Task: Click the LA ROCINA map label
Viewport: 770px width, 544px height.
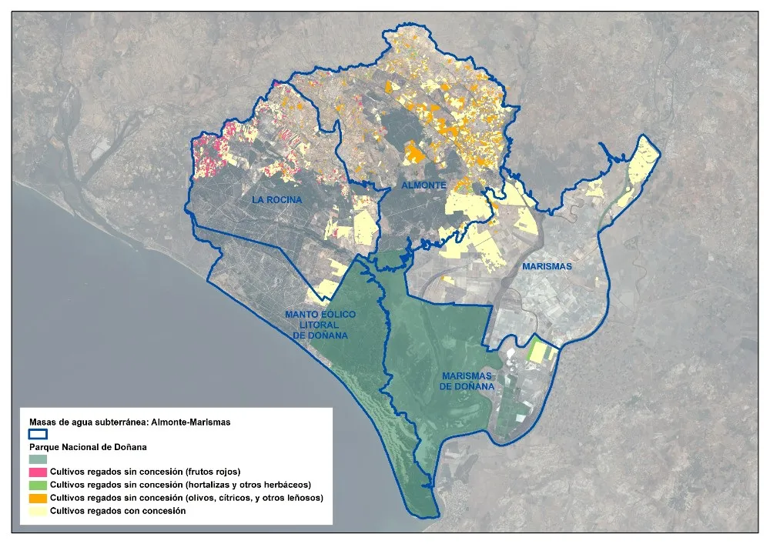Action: tap(276, 200)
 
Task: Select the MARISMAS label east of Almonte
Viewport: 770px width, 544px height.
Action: tap(547, 266)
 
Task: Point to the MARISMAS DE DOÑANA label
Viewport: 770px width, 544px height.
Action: tap(467, 382)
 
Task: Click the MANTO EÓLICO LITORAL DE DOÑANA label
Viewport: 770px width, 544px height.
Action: tap(316, 325)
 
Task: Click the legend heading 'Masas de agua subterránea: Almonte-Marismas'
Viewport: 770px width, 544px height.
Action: tap(129, 422)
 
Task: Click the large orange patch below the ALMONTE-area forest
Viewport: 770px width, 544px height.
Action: tap(415, 152)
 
